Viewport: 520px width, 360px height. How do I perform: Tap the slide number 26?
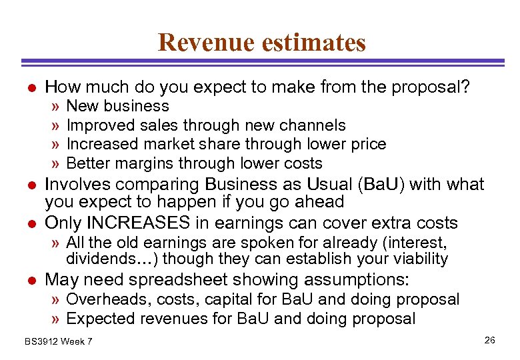490,341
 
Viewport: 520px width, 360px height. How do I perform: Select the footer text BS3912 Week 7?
59,342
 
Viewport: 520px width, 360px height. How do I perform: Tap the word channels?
313,125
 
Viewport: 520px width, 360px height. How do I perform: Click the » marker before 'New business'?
56,106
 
